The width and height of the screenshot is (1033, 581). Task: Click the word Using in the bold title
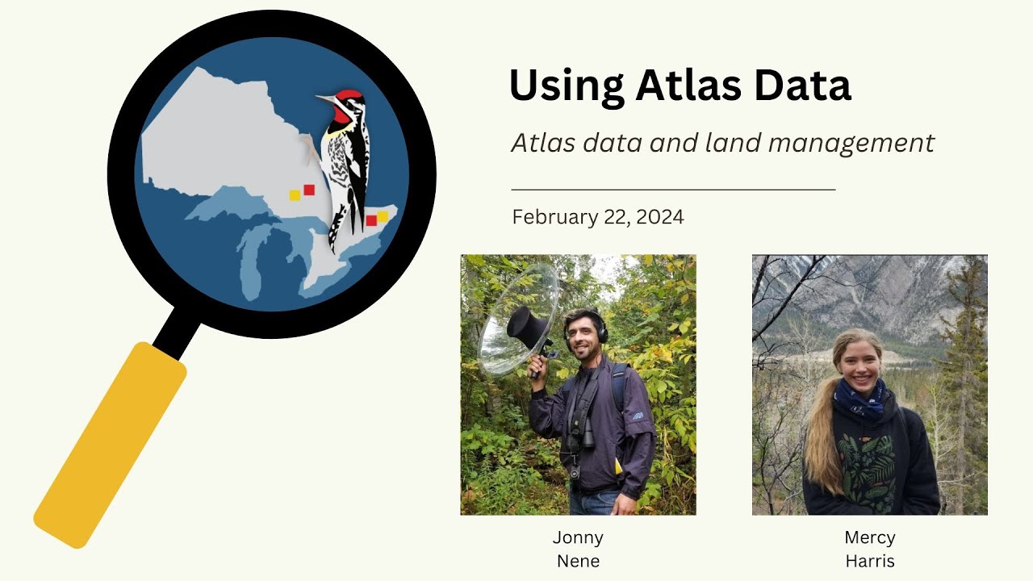point(566,86)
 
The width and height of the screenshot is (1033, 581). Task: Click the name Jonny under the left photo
point(578,537)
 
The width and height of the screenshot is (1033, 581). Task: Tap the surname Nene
point(578,561)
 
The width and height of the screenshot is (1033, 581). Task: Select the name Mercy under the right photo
point(869,537)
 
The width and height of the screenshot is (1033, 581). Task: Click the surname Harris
point(869,561)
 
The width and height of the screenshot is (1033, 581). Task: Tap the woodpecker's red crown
point(349,96)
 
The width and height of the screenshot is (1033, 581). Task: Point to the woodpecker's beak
point(324,99)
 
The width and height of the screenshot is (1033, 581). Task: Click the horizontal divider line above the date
point(673,190)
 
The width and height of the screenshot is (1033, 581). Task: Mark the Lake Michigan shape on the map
point(257,259)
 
